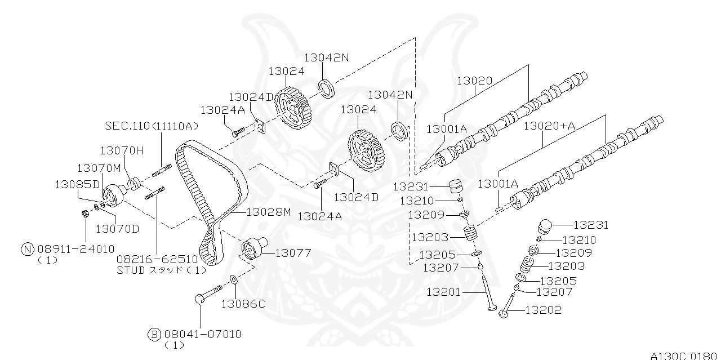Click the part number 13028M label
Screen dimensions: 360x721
click(x=268, y=212)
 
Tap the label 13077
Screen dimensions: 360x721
click(x=292, y=253)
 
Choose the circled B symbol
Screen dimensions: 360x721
click(x=154, y=334)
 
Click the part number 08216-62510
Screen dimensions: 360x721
click(x=157, y=259)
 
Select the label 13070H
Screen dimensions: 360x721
click(x=122, y=150)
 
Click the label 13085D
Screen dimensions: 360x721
click(x=77, y=184)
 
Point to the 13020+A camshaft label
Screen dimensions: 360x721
click(x=549, y=126)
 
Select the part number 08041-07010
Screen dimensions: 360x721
click(x=202, y=334)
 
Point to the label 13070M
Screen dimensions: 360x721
click(x=99, y=167)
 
